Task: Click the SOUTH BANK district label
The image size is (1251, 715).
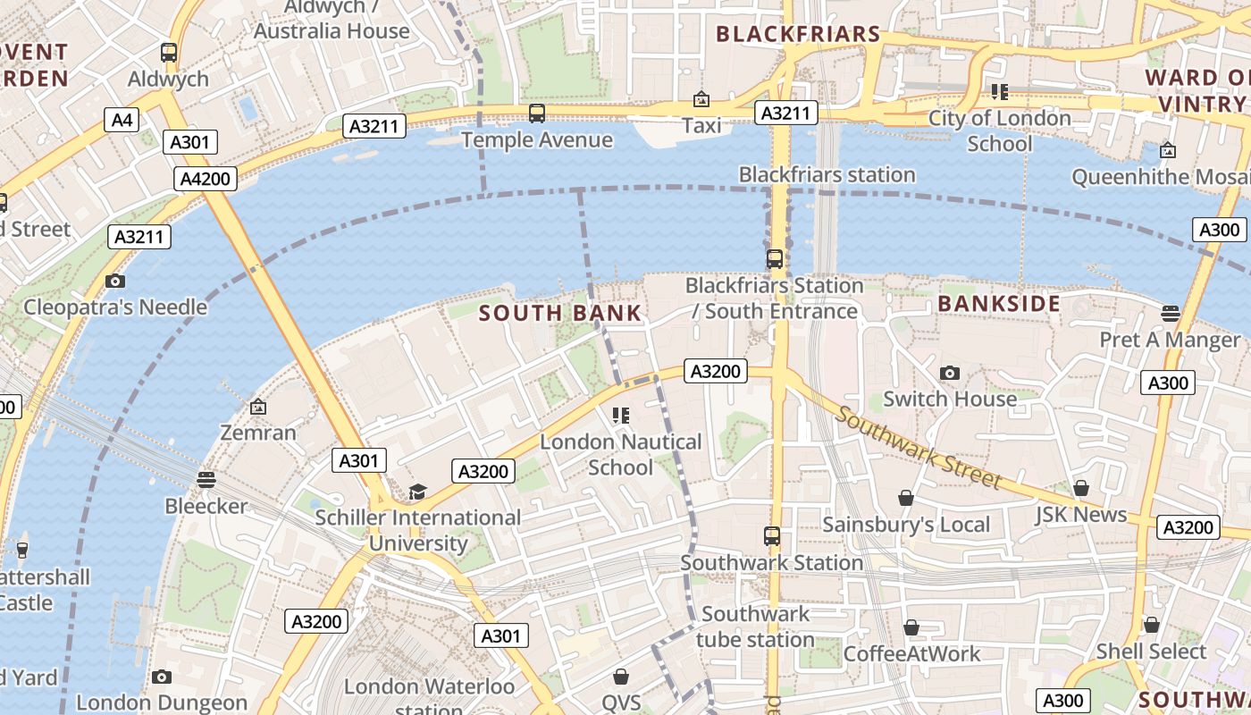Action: click(559, 313)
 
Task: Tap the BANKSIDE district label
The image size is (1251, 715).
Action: click(998, 304)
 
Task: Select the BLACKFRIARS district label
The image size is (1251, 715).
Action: click(798, 35)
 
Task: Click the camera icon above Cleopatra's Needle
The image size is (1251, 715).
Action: click(114, 282)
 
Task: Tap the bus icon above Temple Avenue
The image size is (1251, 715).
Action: click(536, 114)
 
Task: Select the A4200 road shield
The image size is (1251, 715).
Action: click(205, 179)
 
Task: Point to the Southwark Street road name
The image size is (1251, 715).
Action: click(919, 449)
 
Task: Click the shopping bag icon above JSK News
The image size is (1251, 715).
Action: click(1080, 488)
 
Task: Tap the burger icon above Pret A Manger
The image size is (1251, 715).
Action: click(1170, 313)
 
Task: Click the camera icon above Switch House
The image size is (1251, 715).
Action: click(949, 373)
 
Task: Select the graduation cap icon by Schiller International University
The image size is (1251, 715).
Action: click(417, 492)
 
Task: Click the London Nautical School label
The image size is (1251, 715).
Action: click(620, 454)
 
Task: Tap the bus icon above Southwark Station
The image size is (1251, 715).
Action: click(771, 536)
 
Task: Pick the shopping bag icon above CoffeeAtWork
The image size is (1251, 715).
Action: click(911, 627)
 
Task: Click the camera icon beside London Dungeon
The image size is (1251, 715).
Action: click(161, 677)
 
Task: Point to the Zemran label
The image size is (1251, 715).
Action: click(258, 433)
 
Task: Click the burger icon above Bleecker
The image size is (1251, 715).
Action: click(206, 479)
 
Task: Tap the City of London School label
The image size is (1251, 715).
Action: click(999, 130)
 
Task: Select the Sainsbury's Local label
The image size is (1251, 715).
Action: click(905, 525)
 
